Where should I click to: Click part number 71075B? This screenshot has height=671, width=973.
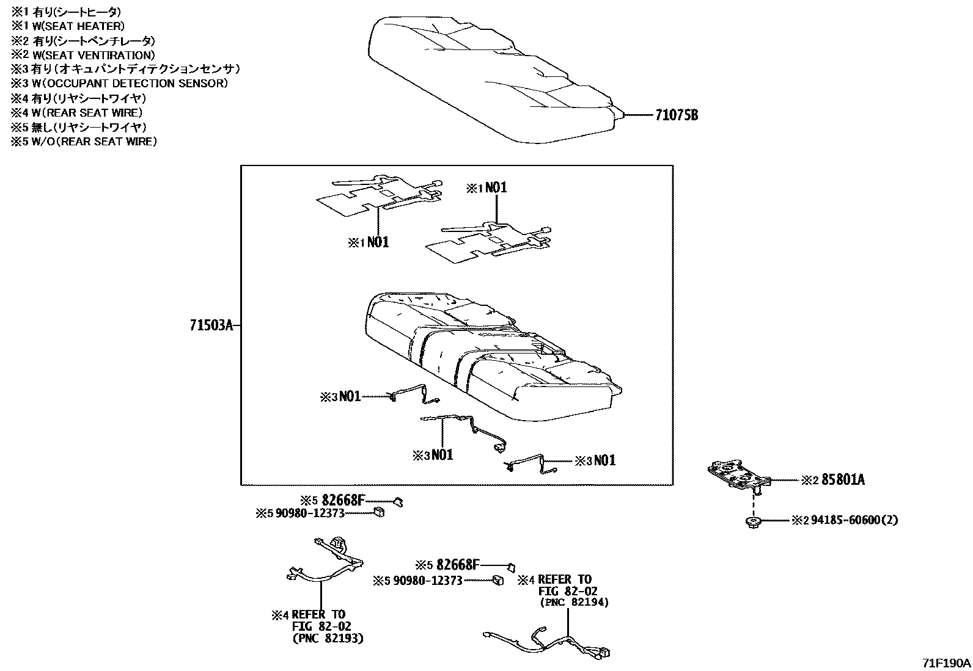(676, 115)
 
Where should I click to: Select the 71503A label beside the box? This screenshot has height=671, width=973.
(211, 326)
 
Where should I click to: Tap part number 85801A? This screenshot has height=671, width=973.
(843, 480)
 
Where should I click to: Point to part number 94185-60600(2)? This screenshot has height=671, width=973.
(854, 520)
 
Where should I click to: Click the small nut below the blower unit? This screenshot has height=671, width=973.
(753, 521)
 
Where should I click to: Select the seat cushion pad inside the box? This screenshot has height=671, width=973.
(489, 360)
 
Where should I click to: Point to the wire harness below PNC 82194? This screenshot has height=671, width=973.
(550, 644)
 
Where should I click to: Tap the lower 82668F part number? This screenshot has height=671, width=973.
(455, 565)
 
